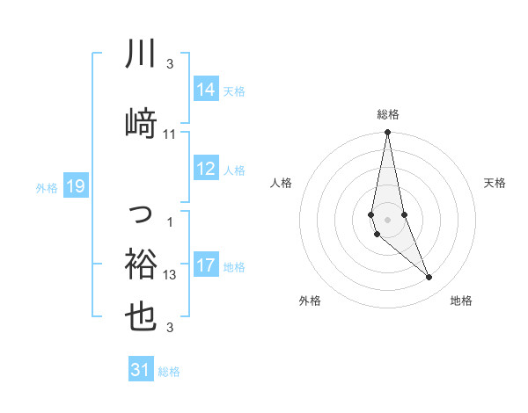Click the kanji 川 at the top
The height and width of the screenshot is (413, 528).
[x=141, y=54]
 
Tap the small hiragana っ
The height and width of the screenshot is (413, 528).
[x=141, y=213]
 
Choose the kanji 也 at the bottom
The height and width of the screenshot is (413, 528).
[x=141, y=316]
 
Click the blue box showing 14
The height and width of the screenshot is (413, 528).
[x=205, y=89]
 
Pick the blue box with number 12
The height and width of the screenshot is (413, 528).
[x=205, y=170]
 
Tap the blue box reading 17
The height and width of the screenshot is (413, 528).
[x=205, y=265]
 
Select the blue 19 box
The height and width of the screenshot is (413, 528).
[x=75, y=186]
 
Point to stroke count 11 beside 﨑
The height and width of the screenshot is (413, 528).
[x=170, y=134]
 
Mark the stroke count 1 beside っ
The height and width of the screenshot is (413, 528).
[x=170, y=221]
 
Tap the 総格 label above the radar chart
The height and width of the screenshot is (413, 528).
[x=388, y=114]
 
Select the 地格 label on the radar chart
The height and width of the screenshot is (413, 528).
[x=461, y=301]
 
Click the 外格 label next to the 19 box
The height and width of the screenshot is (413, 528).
[x=47, y=187]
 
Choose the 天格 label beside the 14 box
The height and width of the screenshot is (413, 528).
[x=234, y=91]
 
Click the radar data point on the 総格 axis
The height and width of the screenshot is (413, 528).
[x=388, y=133]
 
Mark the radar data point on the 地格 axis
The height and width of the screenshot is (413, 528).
[x=429, y=278]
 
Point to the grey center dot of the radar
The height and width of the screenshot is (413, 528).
[x=388, y=219]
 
